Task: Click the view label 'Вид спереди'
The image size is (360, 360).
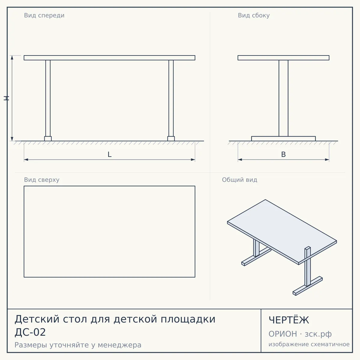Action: pos(44,16)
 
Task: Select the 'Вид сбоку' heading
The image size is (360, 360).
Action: pos(254,16)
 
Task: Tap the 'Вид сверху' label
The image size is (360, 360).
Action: pos(42,180)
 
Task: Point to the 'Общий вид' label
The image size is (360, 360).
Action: pos(239,180)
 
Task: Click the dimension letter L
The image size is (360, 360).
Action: pos(110,154)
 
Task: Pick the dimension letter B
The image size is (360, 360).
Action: pos(283,154)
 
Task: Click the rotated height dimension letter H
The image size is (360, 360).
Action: pos(6,98)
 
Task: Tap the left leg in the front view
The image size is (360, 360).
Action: pos(48,98)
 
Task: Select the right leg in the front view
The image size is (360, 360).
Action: pos(171,98)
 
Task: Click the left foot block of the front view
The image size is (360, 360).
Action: pos(48,139)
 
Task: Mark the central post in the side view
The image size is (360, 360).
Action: pos(283,98)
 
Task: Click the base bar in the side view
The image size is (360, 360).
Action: pos(283,139)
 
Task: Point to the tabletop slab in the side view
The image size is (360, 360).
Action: pos(283,58)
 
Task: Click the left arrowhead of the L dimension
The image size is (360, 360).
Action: pos(26,160)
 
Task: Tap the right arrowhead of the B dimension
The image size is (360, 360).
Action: pos(327,160)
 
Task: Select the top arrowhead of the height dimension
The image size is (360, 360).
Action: pos(12,57)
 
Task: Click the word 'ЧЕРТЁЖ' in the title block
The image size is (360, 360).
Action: pos(289,320)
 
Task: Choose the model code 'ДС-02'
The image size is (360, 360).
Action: pos(30,332)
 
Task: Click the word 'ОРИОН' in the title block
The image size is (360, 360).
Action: pos(283,334)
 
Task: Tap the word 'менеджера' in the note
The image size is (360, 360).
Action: pos(120,345)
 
